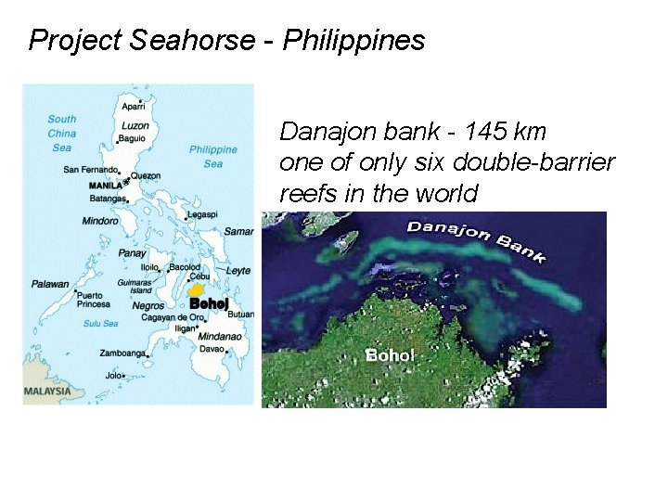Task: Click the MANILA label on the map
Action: click(106, 185)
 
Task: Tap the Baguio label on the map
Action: click(132, 139)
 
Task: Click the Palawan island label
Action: click(50, 284)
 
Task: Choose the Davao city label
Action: click(212, 349)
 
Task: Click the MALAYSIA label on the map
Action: click(47, 391)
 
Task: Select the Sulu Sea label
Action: click(100, 324)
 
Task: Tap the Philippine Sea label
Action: click(213, 156)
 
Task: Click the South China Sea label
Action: click(62, 133)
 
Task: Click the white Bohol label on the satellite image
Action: click(391, 355)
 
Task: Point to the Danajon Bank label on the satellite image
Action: click(476, 239)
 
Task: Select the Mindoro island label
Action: click(100, 222)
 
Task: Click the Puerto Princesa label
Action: click(94, 299)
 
